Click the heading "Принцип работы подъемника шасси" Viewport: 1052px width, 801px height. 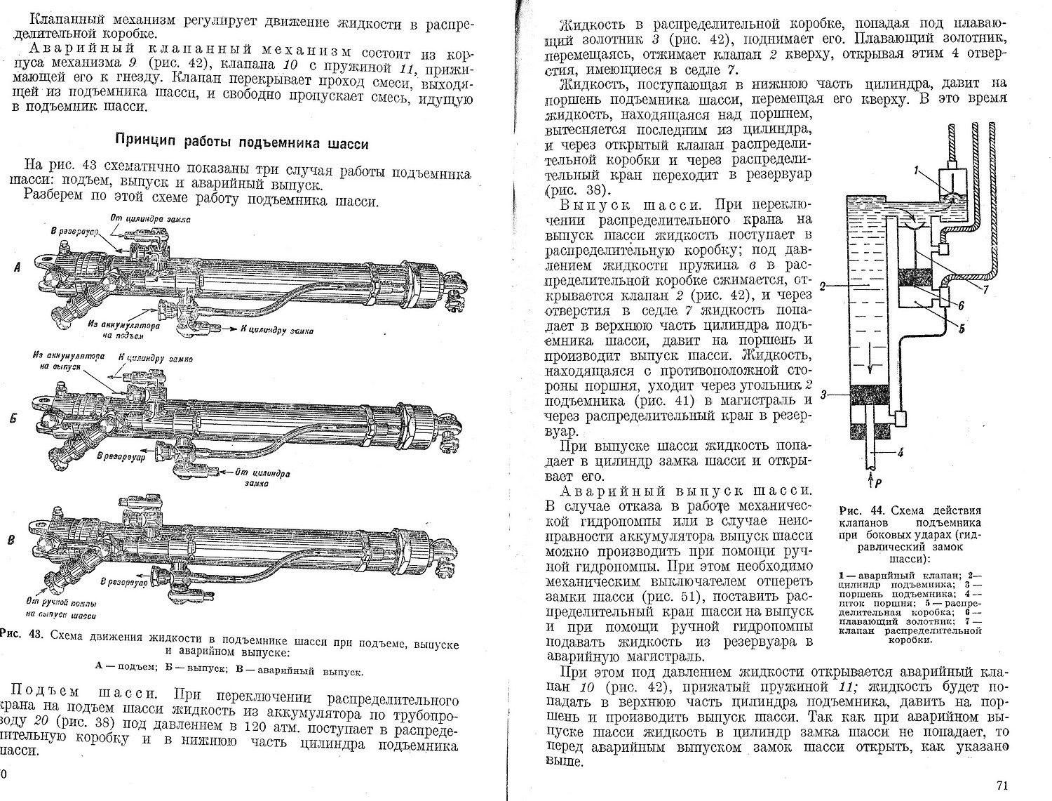[x=241, y=144]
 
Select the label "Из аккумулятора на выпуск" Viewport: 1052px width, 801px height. [x=66, y=361]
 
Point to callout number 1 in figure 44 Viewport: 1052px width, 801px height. [x=917, y=169]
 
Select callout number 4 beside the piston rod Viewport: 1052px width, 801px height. [x=901, y=453]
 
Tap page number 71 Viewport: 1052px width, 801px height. [x=1002, y=785]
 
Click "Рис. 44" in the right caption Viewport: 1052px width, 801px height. [x=857, y=510]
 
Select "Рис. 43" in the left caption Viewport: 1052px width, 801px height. [x=21, y=637]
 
